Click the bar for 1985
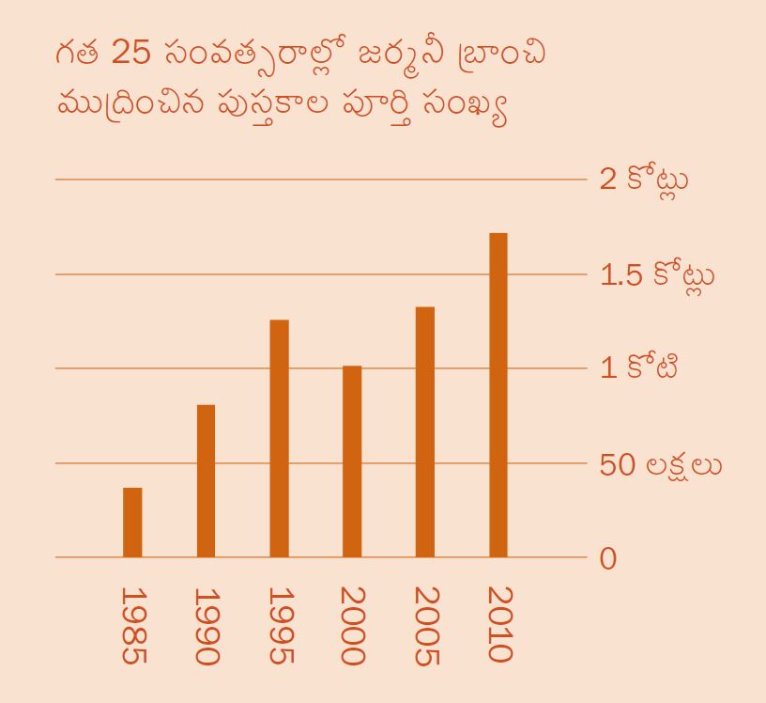tap(132, 523)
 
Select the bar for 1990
tap(206, 480)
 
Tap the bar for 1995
tap(279, 438)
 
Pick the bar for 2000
tap(352, 461)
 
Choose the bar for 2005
tap(424, 431)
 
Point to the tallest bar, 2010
tap(498, 395)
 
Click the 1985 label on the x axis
tap(134, 626)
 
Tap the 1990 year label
tap(207, 626)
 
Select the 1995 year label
tap(280, 626)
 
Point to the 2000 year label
tap(352, 626)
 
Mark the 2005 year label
tap(425, 626)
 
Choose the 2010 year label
tap(498, 624)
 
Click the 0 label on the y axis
tap(608, 558)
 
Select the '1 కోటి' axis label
tap(639, 367)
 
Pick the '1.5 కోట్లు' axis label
tap(656, 275)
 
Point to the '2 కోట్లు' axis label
tap(644, 179)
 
